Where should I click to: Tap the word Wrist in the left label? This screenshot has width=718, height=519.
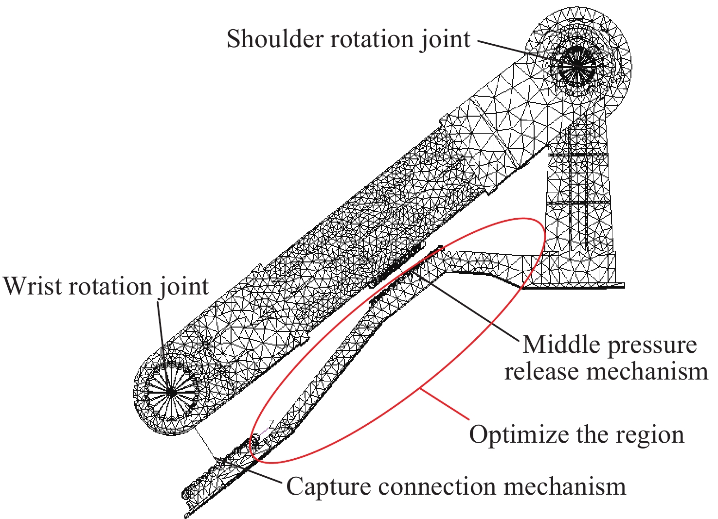pos(33,286)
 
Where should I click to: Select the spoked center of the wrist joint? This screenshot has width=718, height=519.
pos(171,391)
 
